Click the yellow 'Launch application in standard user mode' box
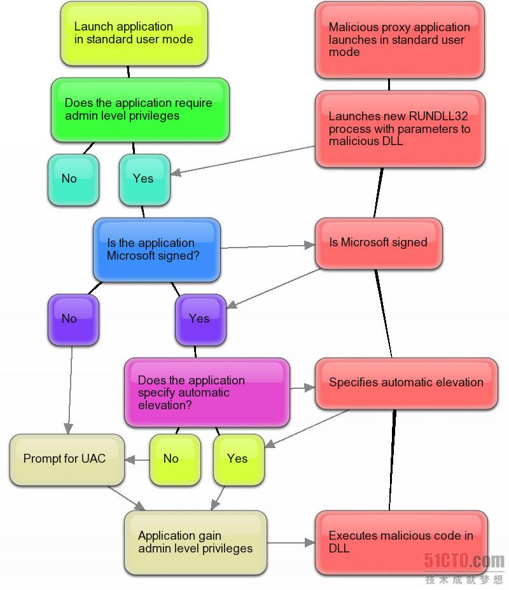134,34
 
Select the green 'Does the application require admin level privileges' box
140,110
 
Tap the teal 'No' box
73,180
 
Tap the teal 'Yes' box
145,180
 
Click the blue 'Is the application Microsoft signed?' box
157,250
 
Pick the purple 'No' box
73,320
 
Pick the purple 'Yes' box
200,320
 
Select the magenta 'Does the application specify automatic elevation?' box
207,393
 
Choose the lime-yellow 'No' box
176,460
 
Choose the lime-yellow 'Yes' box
239,460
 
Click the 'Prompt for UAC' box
67,460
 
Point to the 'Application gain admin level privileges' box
195,543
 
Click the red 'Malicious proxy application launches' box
400,40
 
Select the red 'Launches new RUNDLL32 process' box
400,129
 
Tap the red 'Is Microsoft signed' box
379,244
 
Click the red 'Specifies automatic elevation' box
407,383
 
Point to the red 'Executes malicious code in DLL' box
401,543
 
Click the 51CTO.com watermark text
464,561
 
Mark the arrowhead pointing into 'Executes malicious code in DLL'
310,543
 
